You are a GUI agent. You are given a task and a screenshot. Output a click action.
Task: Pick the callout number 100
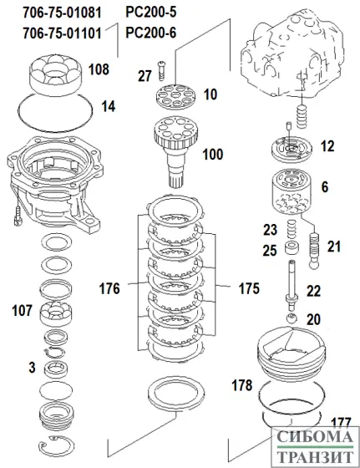pos(214,155)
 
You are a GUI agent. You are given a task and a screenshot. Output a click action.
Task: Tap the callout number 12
pos(327,145)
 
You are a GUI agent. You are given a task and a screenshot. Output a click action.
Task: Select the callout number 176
pos(109,289)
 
